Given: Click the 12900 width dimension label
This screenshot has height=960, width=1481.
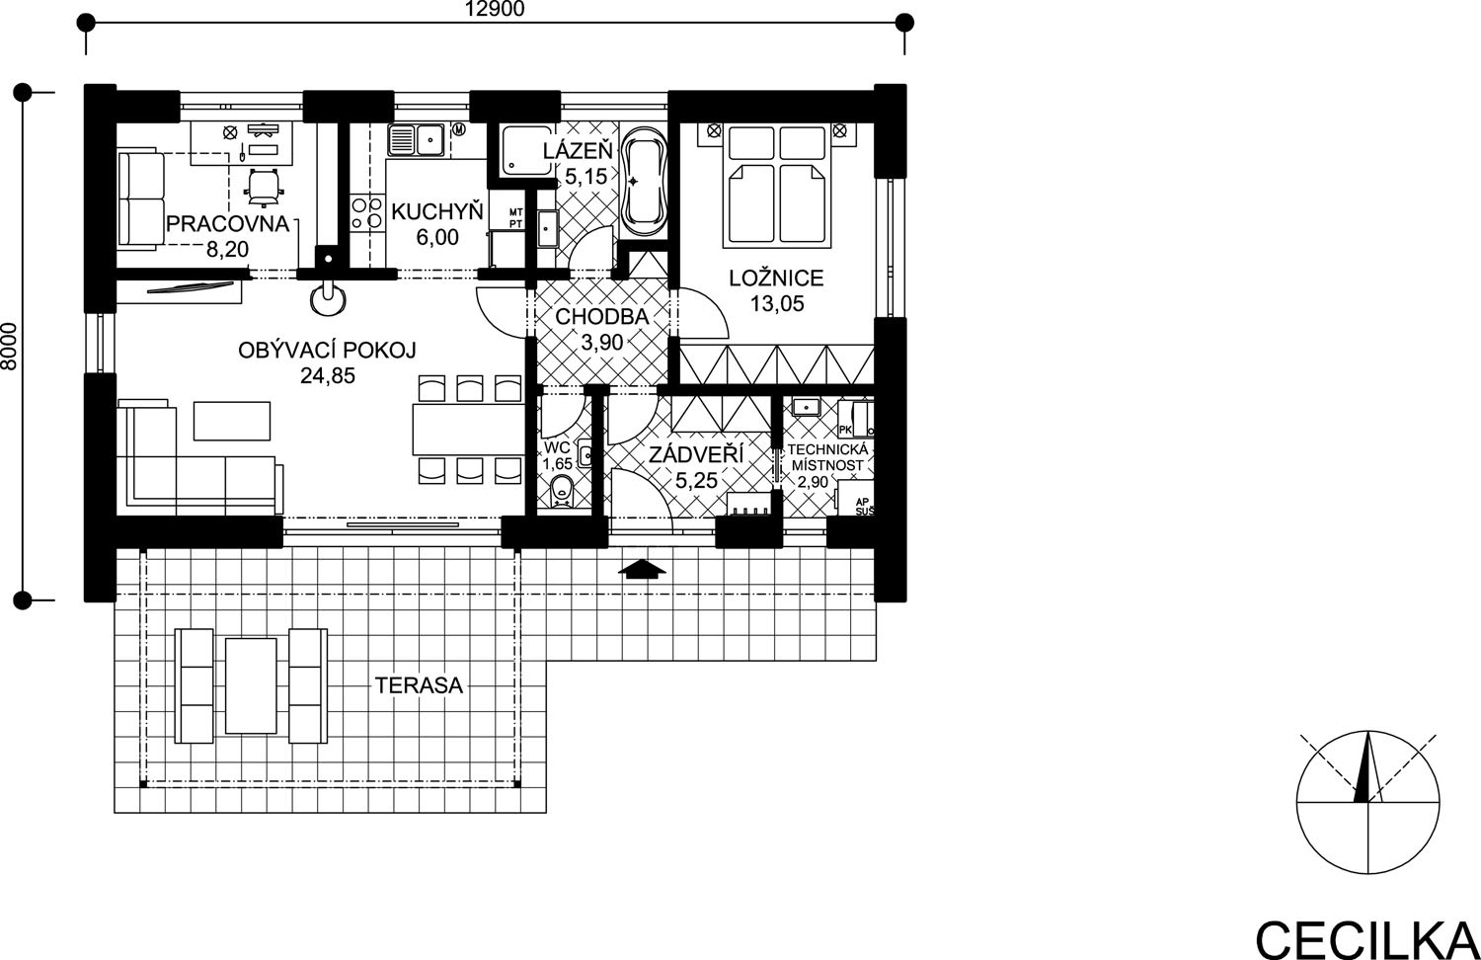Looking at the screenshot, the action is pos(495,9).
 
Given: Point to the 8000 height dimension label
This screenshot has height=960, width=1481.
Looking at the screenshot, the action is pos(9,347).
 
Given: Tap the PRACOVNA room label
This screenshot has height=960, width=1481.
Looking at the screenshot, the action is pos(227,224).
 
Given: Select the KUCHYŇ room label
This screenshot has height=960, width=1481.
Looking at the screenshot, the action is pos(437,211).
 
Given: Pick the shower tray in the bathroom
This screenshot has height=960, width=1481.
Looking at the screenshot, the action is pos(526,149).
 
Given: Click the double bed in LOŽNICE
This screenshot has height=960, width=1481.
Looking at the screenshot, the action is pos(776,186).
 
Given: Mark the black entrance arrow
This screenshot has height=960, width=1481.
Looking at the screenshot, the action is pos(642,570).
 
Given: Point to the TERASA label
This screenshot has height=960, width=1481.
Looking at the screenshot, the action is pos(420,685).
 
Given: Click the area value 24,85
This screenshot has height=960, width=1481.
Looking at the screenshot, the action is pos(327,375).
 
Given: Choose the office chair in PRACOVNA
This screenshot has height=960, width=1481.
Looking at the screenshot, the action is pos(265,187).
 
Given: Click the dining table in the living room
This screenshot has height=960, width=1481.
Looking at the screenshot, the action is pos(469,430).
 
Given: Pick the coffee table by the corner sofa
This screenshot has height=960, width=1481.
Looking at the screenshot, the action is pos(232,421).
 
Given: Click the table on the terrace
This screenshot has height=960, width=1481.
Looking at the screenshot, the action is pos(251,685).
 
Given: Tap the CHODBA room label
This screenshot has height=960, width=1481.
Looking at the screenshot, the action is pos(601,317).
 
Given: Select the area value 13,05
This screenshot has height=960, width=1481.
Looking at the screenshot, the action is pos(777,303).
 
